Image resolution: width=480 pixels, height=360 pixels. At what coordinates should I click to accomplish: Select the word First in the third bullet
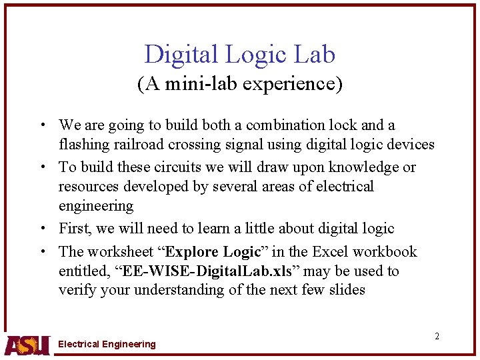pos(75,229)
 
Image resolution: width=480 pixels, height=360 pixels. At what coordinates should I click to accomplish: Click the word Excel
pos(329,252)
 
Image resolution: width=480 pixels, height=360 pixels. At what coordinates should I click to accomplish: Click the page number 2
pos(437,336)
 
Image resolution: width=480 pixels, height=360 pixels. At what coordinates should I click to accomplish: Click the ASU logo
pos(27,344)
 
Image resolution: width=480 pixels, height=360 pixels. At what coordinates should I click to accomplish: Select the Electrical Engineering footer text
pos(107,344)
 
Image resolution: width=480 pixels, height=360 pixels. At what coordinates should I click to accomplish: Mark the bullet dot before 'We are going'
pos(42,125)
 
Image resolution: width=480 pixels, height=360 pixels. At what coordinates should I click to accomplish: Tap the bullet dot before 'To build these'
pos(42,167)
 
